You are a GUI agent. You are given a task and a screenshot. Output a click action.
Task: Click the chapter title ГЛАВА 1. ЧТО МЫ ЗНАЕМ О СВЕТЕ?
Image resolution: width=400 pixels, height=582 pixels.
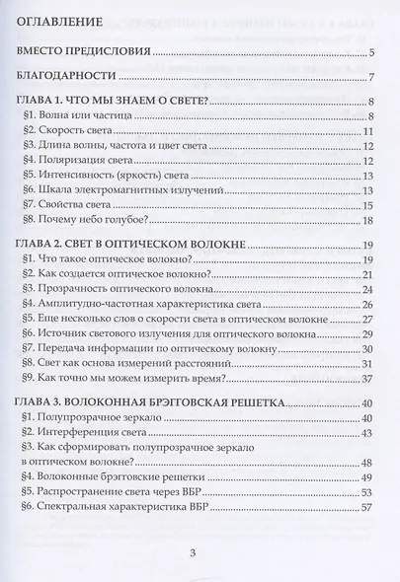pyautogui.click(x=132, y=102)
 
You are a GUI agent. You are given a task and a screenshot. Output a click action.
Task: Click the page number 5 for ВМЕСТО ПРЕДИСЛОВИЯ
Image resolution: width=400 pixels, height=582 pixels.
pyautogui.click(x=367, y=52)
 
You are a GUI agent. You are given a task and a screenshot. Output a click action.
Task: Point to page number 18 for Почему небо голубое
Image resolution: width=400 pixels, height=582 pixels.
pyautogui.click(x=364, y=220)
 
